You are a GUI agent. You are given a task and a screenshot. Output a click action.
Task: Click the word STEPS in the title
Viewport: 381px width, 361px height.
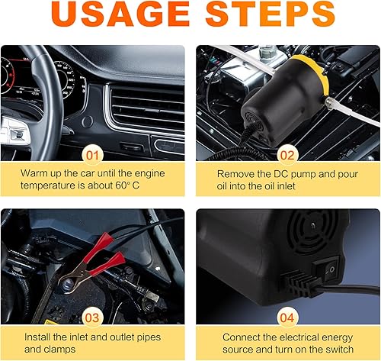tap(270, 14)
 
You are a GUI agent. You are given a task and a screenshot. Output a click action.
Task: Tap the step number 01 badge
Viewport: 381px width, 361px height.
tap(92, 155)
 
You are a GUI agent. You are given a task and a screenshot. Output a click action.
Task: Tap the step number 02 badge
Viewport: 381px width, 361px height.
tap(287, 155)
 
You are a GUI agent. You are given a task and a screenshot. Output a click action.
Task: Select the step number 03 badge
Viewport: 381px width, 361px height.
tap(92, 318)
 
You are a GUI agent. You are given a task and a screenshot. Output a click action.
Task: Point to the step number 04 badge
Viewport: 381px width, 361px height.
tap(287, 318)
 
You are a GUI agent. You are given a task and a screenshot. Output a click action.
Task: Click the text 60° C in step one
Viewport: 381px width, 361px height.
tap(127, 185)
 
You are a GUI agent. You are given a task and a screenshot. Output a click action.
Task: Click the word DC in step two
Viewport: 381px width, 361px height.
tap(280, 174)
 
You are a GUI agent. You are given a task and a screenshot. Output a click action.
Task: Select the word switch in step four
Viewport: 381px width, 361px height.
tap(339, 350)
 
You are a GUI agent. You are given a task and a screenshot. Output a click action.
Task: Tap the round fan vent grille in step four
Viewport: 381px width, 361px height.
tap(312, 231)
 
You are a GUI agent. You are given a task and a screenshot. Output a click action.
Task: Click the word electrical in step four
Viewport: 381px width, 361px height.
tap(299, 337)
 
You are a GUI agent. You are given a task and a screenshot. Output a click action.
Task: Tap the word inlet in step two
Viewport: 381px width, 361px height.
tap(286, 186)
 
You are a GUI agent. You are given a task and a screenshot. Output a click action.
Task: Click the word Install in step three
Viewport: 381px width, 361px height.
tap(37, 337)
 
